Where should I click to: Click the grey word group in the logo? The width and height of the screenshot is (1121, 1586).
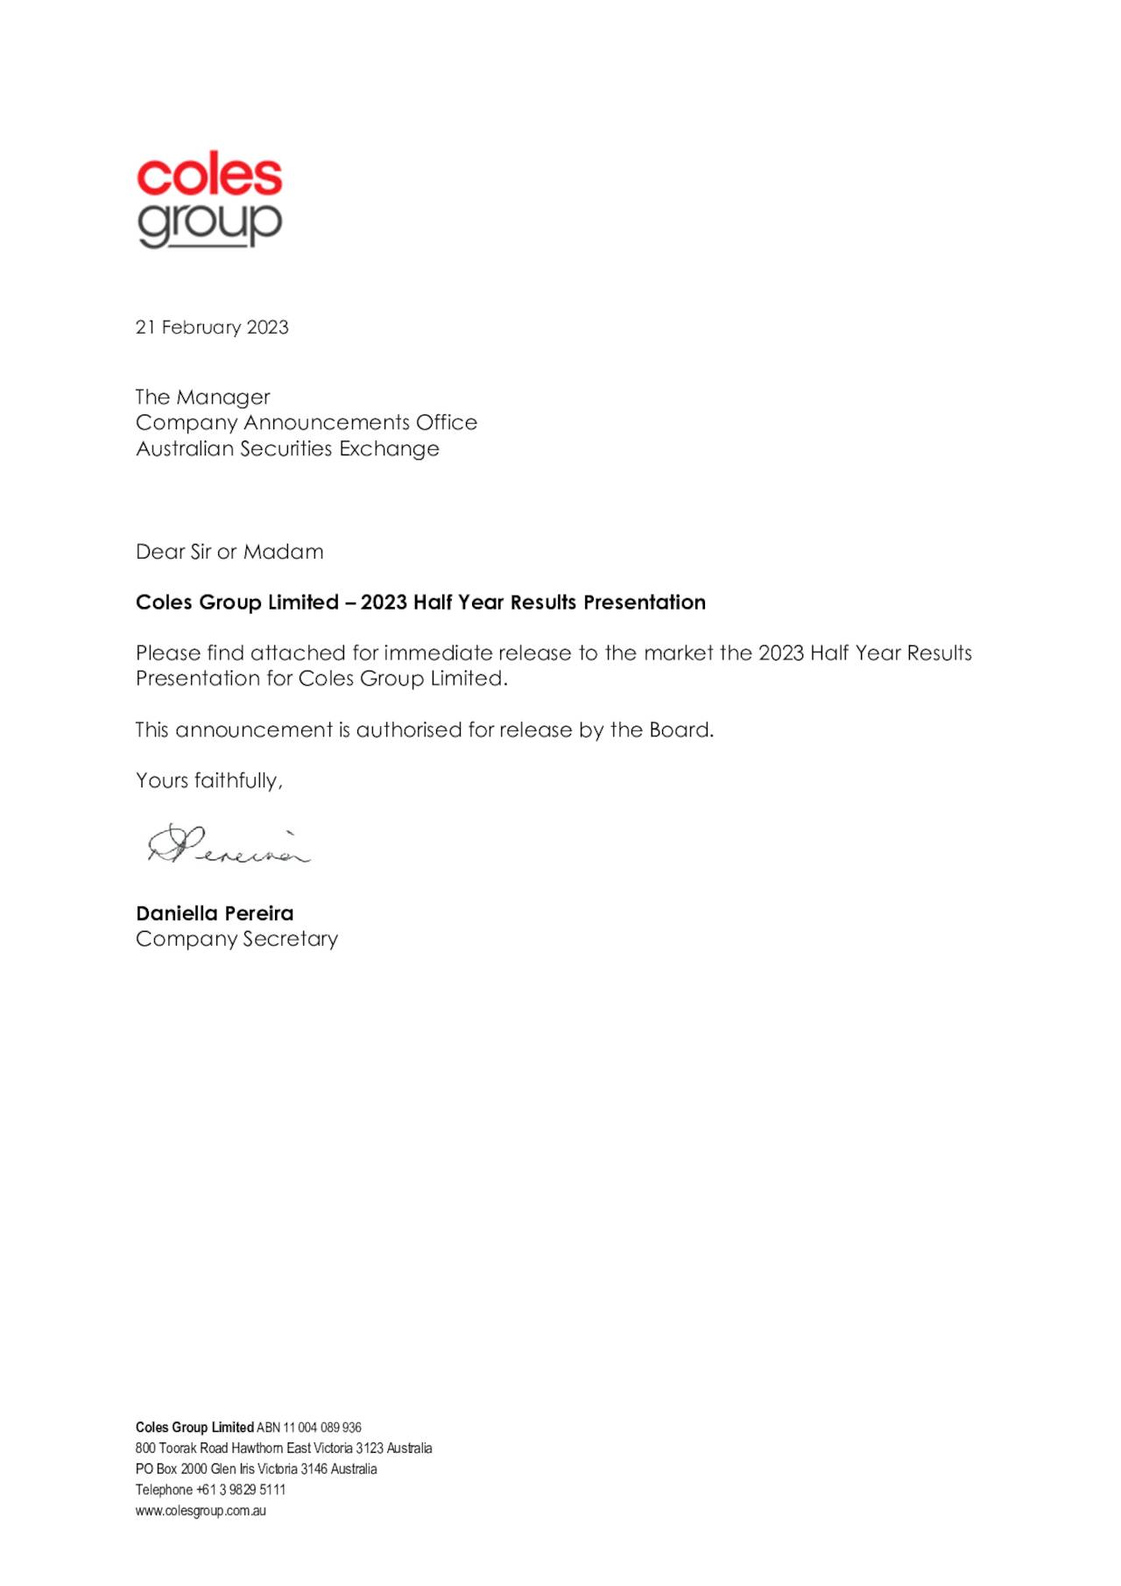209,224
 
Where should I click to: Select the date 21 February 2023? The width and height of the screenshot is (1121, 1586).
212,328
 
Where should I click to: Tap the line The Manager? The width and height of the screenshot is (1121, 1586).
202,398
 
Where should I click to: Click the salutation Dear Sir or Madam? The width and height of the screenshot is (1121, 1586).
229,552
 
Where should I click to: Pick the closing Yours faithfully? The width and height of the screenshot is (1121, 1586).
209,781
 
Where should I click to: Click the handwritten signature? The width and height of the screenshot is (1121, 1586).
229,846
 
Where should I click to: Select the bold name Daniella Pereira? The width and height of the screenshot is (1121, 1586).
215,913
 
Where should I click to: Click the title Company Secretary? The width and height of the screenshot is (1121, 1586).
236,939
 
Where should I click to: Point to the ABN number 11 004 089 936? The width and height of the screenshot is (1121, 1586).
321,1427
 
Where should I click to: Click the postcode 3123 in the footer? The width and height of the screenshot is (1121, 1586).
370,1449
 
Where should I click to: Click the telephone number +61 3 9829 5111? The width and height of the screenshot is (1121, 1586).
241,1490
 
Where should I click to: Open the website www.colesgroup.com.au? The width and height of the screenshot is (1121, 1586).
201,1511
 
